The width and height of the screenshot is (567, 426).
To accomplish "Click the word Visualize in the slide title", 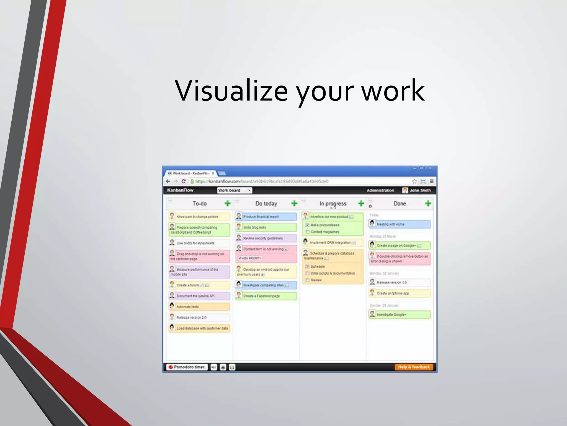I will (x=231, y=91).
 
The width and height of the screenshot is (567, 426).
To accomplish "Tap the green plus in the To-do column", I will (x=228, y=204).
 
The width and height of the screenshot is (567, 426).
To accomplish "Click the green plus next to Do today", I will (x=294, y=204).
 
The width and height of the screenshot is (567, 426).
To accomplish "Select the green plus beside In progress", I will (x=361, y=204).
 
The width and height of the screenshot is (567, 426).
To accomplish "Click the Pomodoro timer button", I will (x=187, y=367).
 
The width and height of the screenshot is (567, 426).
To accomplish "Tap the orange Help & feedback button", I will (x=414, y=367).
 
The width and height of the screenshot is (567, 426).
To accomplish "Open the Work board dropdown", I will (x=234, y=190).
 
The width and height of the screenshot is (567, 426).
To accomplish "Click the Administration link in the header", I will (x=380, y=190).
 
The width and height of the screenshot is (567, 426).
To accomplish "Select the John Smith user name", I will (x=420, y=190).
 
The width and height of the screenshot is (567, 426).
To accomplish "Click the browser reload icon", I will (x=183, y=181).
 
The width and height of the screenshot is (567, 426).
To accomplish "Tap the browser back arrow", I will (x=168, y=181).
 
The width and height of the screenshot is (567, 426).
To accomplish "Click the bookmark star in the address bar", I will (x=414, y=181).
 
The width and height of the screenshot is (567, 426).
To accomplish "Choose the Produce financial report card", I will (x=266, y=217).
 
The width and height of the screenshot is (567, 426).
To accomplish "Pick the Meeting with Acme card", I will (x=400, y=224).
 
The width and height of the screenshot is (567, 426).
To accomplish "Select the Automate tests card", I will (x=199, y=307).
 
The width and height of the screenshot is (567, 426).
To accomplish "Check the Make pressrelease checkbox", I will (x=307, y=225).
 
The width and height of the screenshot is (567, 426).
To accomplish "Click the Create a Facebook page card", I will (x=266, y=296).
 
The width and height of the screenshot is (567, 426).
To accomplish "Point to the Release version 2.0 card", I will (x=199, y=318).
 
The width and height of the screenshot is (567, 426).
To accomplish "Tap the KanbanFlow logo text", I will (x=180, y=190).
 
